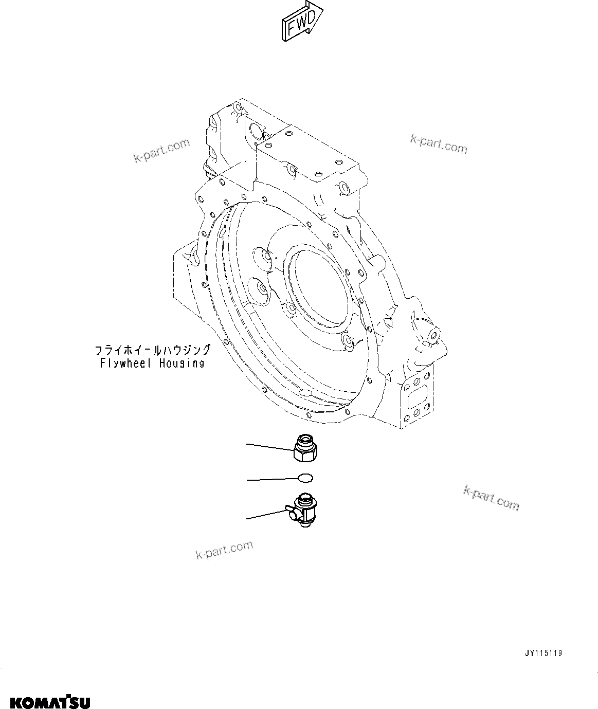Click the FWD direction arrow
click(x=301, y=21)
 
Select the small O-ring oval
click(x=305, y=478)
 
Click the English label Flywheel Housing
click(x=153, y=363)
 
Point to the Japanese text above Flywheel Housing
click(x=153, y=350)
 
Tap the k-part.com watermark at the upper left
click(x=161, y=151)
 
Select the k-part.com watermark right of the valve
click(x=491, y=497)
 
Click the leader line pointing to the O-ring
click(x=273, y=479)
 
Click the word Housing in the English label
click(x=181, y=363)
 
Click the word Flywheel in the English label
click(x=125, y=363)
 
